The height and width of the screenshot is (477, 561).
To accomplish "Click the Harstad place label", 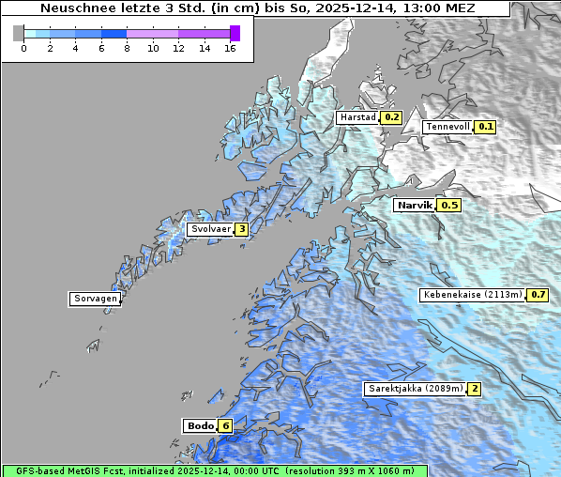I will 357,117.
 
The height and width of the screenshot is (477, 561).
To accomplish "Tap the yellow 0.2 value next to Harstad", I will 391,117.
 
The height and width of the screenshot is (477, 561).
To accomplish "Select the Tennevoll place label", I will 447,127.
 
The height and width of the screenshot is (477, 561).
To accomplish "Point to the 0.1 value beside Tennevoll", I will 485,127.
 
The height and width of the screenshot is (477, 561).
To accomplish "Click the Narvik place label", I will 414,205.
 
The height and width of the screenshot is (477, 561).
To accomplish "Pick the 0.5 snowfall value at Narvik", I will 449,205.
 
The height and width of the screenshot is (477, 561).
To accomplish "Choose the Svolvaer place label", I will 210,229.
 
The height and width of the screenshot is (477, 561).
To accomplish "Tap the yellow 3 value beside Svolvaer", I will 242,229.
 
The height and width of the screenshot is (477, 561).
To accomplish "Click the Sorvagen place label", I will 95,299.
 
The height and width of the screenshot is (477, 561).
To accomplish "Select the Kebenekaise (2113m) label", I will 473,295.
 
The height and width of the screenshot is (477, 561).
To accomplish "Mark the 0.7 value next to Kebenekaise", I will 538,295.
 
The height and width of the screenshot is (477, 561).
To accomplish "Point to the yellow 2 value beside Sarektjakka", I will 475,389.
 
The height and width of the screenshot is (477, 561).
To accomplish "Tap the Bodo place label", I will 200,425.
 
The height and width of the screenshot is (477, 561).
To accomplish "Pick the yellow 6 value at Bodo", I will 225,425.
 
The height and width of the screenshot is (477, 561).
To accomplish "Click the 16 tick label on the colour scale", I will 231,49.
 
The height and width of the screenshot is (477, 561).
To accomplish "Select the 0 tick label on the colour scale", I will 23,49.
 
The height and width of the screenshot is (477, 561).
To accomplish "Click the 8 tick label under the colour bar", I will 127,49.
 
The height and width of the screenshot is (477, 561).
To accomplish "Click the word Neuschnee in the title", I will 74,8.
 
